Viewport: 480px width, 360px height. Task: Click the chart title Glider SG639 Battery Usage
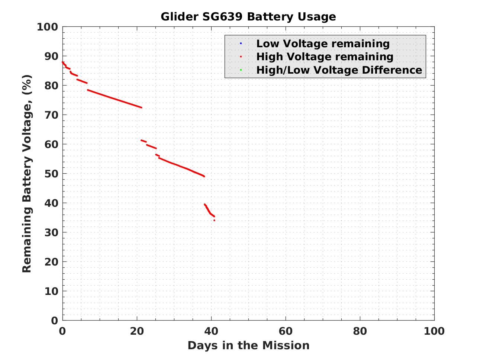tap(248, 17)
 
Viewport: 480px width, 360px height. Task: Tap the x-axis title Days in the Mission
tap(248, 345)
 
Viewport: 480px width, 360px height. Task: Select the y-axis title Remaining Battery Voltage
tap(27, 173)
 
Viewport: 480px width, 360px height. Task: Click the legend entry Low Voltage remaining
tap(323, 44)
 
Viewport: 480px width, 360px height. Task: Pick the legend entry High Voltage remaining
tap(325, 57)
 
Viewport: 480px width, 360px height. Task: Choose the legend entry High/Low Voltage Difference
tap(339, 70)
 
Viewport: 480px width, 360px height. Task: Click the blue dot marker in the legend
tap(241, 44)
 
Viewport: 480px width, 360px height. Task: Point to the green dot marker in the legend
tap(241, 70)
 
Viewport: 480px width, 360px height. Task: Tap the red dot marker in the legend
tap(241, 57)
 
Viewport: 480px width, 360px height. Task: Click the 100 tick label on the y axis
tap(47, 27)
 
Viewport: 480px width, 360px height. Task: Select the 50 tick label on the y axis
tap(51, 174)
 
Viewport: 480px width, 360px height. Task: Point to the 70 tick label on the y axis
tap(51, 115)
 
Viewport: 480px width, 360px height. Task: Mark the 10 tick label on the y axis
tap(51, 291)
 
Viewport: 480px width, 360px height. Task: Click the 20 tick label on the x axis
tap(137, 331)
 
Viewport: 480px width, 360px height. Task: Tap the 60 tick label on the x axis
tap(286, 331)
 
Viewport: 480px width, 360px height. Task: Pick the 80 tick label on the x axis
tap(360, 331)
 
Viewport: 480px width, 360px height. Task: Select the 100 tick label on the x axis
tap(434, 331)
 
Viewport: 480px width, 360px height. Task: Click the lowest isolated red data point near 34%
tap(214, 221)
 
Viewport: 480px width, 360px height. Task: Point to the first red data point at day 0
tap(63, 62)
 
